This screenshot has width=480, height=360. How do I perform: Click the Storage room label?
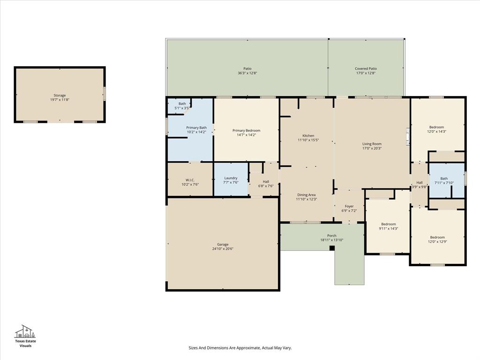tap(60, 96)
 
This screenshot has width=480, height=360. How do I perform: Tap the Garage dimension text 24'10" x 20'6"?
tap(223, 249)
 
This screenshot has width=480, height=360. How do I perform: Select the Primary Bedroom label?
tap(247, 131)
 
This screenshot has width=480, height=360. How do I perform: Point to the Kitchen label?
tap(308, 136)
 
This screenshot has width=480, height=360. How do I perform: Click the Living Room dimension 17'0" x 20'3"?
tap(372, 149)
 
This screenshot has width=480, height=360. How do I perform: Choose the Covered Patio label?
tap(366, 69)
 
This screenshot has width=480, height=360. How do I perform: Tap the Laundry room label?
tap(231, 178)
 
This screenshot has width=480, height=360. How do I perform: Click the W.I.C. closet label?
tap(190, 180)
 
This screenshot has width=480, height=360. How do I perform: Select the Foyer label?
tap(349, 206)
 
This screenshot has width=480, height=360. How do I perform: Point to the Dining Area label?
tap(307, 195)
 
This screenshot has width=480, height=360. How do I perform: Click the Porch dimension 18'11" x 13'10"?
tap(332, 240)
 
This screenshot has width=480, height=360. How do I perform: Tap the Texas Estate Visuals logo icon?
tap(25, 331)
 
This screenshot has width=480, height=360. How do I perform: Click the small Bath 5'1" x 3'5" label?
tap(182, 104)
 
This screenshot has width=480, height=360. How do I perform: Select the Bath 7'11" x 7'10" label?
tap(444, 179)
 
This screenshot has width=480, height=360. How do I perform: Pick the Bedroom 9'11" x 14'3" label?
tap(388, 224)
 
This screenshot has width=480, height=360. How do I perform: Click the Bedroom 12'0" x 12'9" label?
tap(437, 237)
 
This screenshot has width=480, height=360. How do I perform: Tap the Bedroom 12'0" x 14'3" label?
tap(437, 127)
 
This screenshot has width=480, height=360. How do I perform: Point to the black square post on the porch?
tap(332, 247)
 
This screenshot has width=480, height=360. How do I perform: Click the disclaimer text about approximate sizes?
tap(240, 348)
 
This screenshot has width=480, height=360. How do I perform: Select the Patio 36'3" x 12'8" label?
tap(247, 69)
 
